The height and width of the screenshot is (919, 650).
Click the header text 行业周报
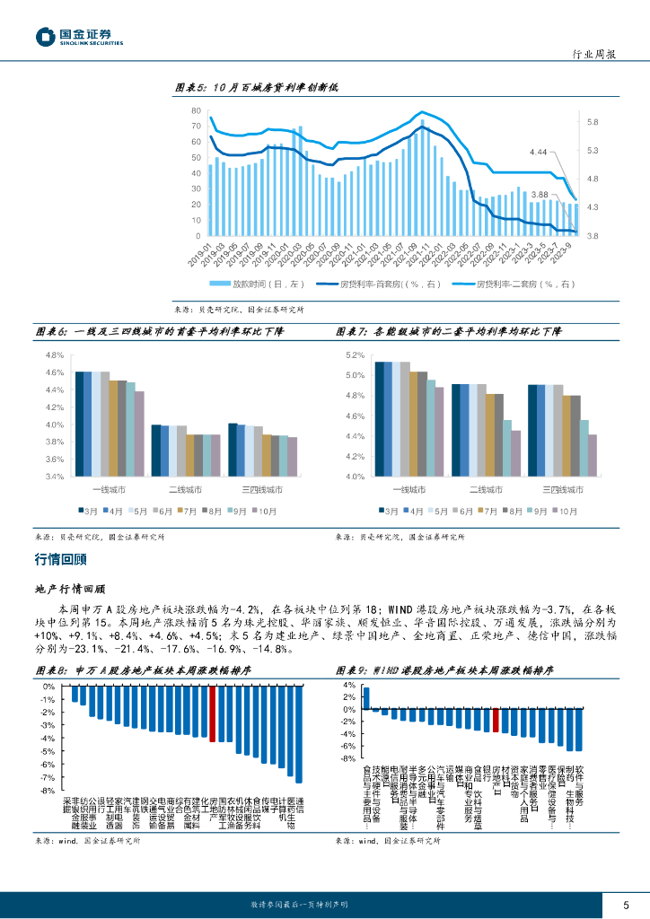(x=593, y=54)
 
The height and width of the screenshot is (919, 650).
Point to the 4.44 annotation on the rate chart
(x=539, y=153)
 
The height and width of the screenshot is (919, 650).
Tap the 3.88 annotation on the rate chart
(x=540, y=195)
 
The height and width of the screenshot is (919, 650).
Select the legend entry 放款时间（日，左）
(x=246, y=284)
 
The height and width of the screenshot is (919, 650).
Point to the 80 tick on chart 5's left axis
(x=195, y=110)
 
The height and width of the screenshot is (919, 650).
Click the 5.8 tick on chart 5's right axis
(x=593, y=122)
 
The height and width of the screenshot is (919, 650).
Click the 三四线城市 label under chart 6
(x=261, y=489)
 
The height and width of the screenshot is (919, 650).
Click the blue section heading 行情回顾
(x=60, y=559)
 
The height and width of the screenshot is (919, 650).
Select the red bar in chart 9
(x=496, y=720)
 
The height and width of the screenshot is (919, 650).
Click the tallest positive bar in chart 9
(x=366, y=697)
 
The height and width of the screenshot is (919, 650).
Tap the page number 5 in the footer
(x=626, y=904)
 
